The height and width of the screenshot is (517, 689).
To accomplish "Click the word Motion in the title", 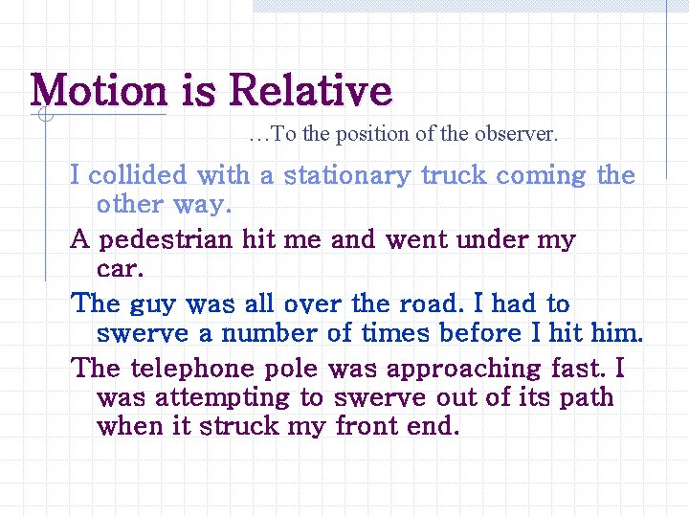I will click(x=99, y=91).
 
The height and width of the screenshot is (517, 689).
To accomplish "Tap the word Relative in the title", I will click(x=311, y=91).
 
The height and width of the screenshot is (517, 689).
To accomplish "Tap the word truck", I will click(x=455, y=176).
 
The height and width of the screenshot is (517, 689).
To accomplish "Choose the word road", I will click(x=432, y=304).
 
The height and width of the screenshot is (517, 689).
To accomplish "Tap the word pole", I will click(x=292, y=370).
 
